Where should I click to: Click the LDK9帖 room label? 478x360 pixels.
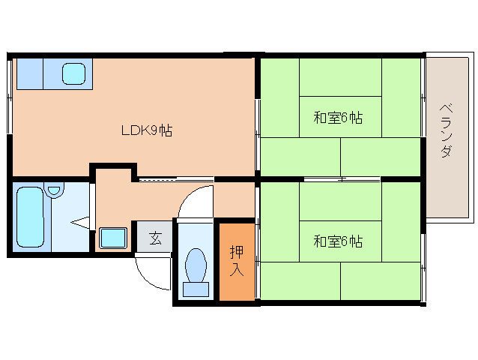148,130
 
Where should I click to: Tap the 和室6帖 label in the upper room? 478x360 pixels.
338,118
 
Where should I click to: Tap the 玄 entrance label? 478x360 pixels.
155,238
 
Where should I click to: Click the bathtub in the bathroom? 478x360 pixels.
31,217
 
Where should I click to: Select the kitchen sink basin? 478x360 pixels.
74,73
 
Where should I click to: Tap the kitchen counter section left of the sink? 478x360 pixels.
30,73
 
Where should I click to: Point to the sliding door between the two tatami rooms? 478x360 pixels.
341,179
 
